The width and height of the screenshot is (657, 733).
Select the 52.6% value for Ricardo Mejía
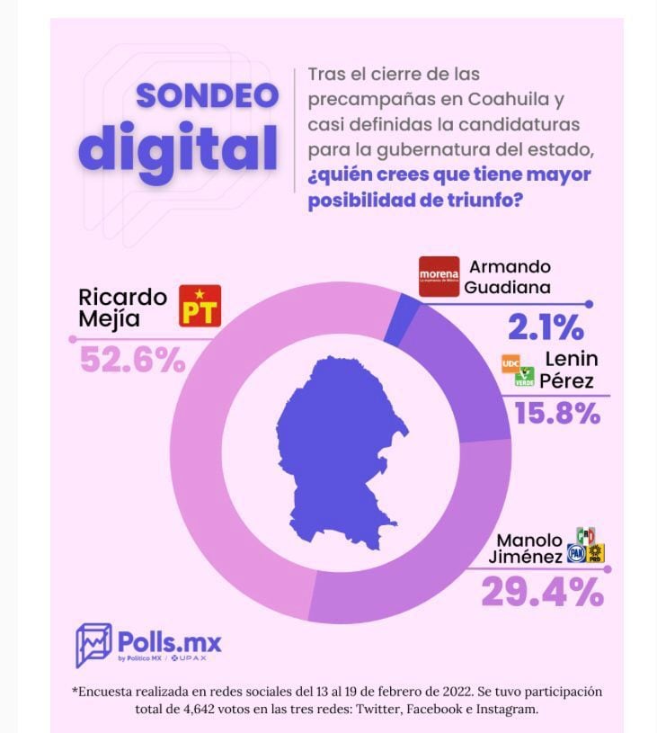(x=132, y=360)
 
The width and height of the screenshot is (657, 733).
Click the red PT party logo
(x=200, y=306)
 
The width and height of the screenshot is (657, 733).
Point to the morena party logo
(x=439, y=277)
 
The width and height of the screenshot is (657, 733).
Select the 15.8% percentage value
(x=556, y=414)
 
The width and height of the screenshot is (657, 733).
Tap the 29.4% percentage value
(x=542, y=592)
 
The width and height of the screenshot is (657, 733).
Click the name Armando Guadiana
(x=511, y=277)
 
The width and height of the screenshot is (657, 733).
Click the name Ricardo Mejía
(x=122, y=306)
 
